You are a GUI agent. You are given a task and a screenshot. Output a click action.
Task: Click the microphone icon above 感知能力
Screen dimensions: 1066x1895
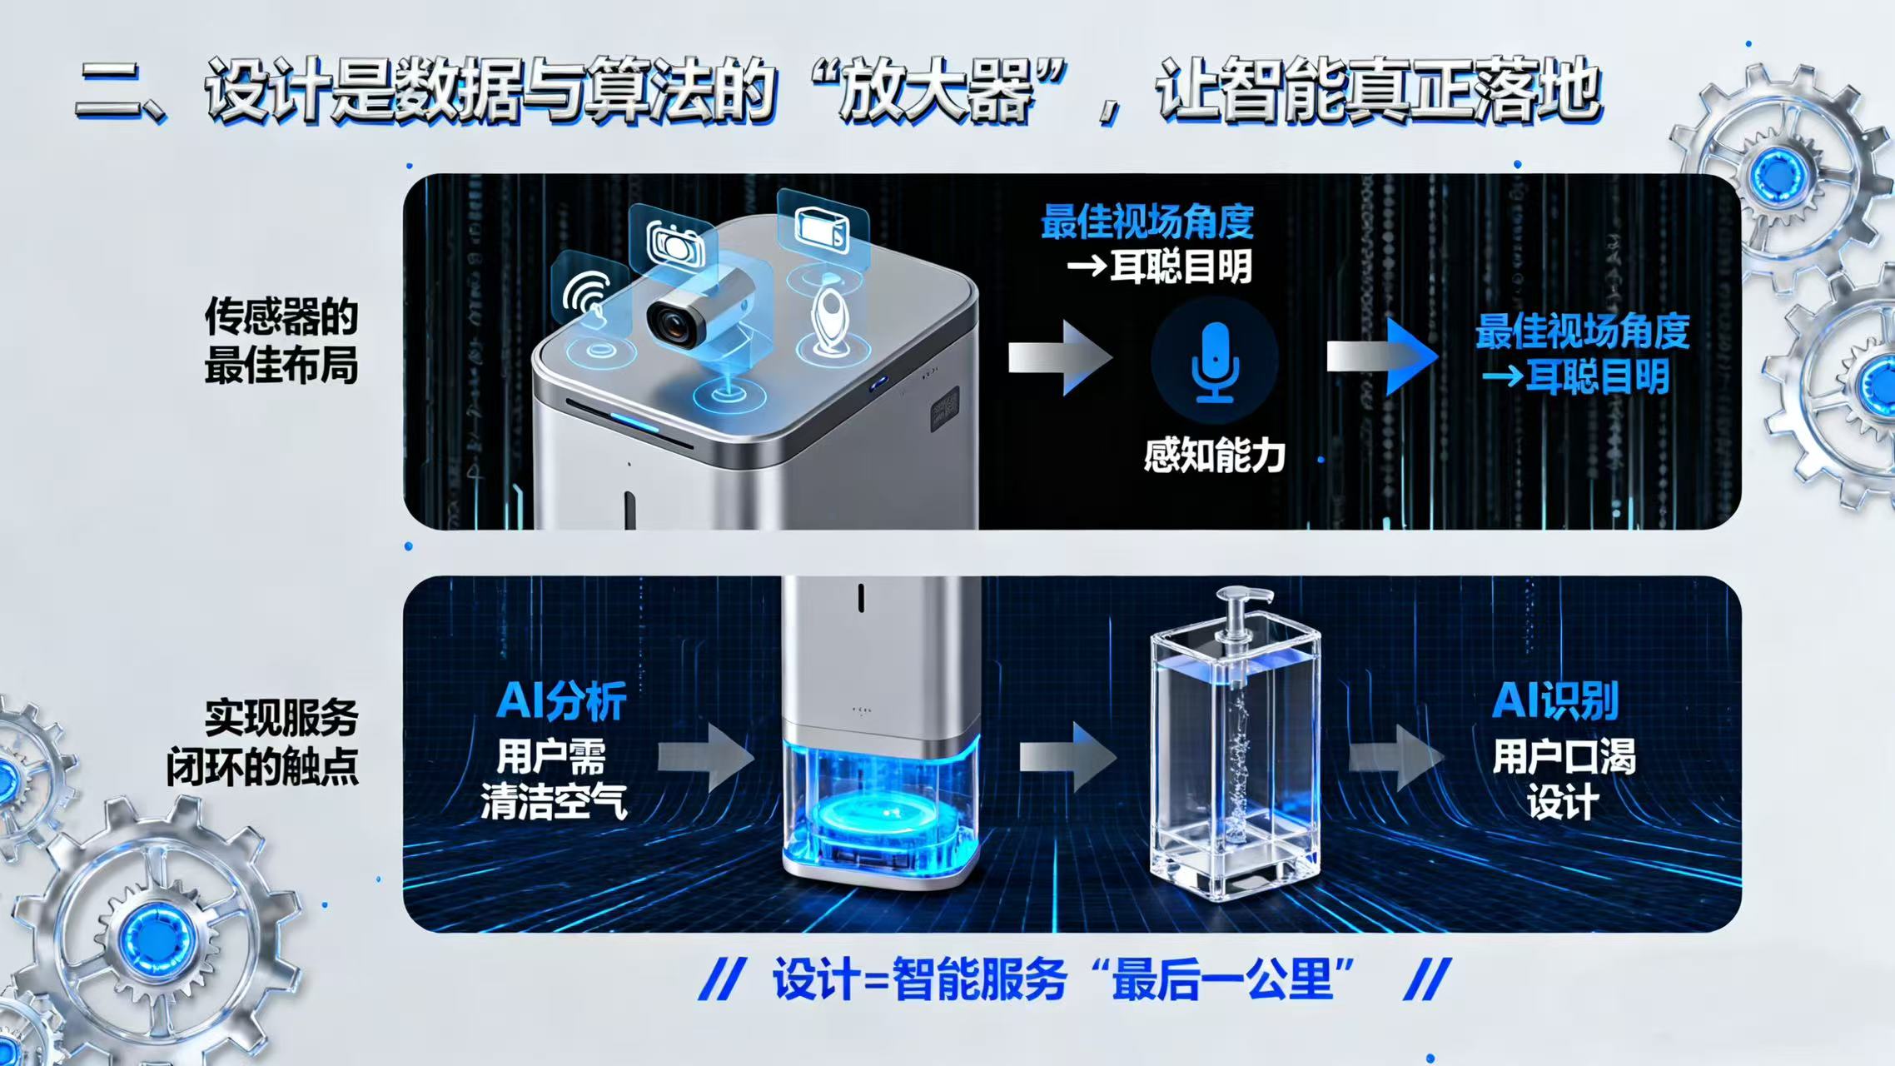[x=1214, y=362]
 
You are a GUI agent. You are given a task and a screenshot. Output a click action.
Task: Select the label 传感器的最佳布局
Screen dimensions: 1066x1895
[x=281, y=341]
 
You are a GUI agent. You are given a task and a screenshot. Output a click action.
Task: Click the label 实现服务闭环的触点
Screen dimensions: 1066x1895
[x=263, y=742]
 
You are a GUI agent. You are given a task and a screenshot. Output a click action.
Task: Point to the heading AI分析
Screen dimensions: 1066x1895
[x=561, y=701]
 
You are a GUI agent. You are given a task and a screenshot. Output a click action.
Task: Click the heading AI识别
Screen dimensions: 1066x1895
[x=1554, y=701]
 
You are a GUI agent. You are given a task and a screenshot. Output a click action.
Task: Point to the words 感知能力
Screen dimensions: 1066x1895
[x=1214, y=456]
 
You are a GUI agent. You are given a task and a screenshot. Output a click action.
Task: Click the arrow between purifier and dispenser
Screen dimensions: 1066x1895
[x=1067, y=756]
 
